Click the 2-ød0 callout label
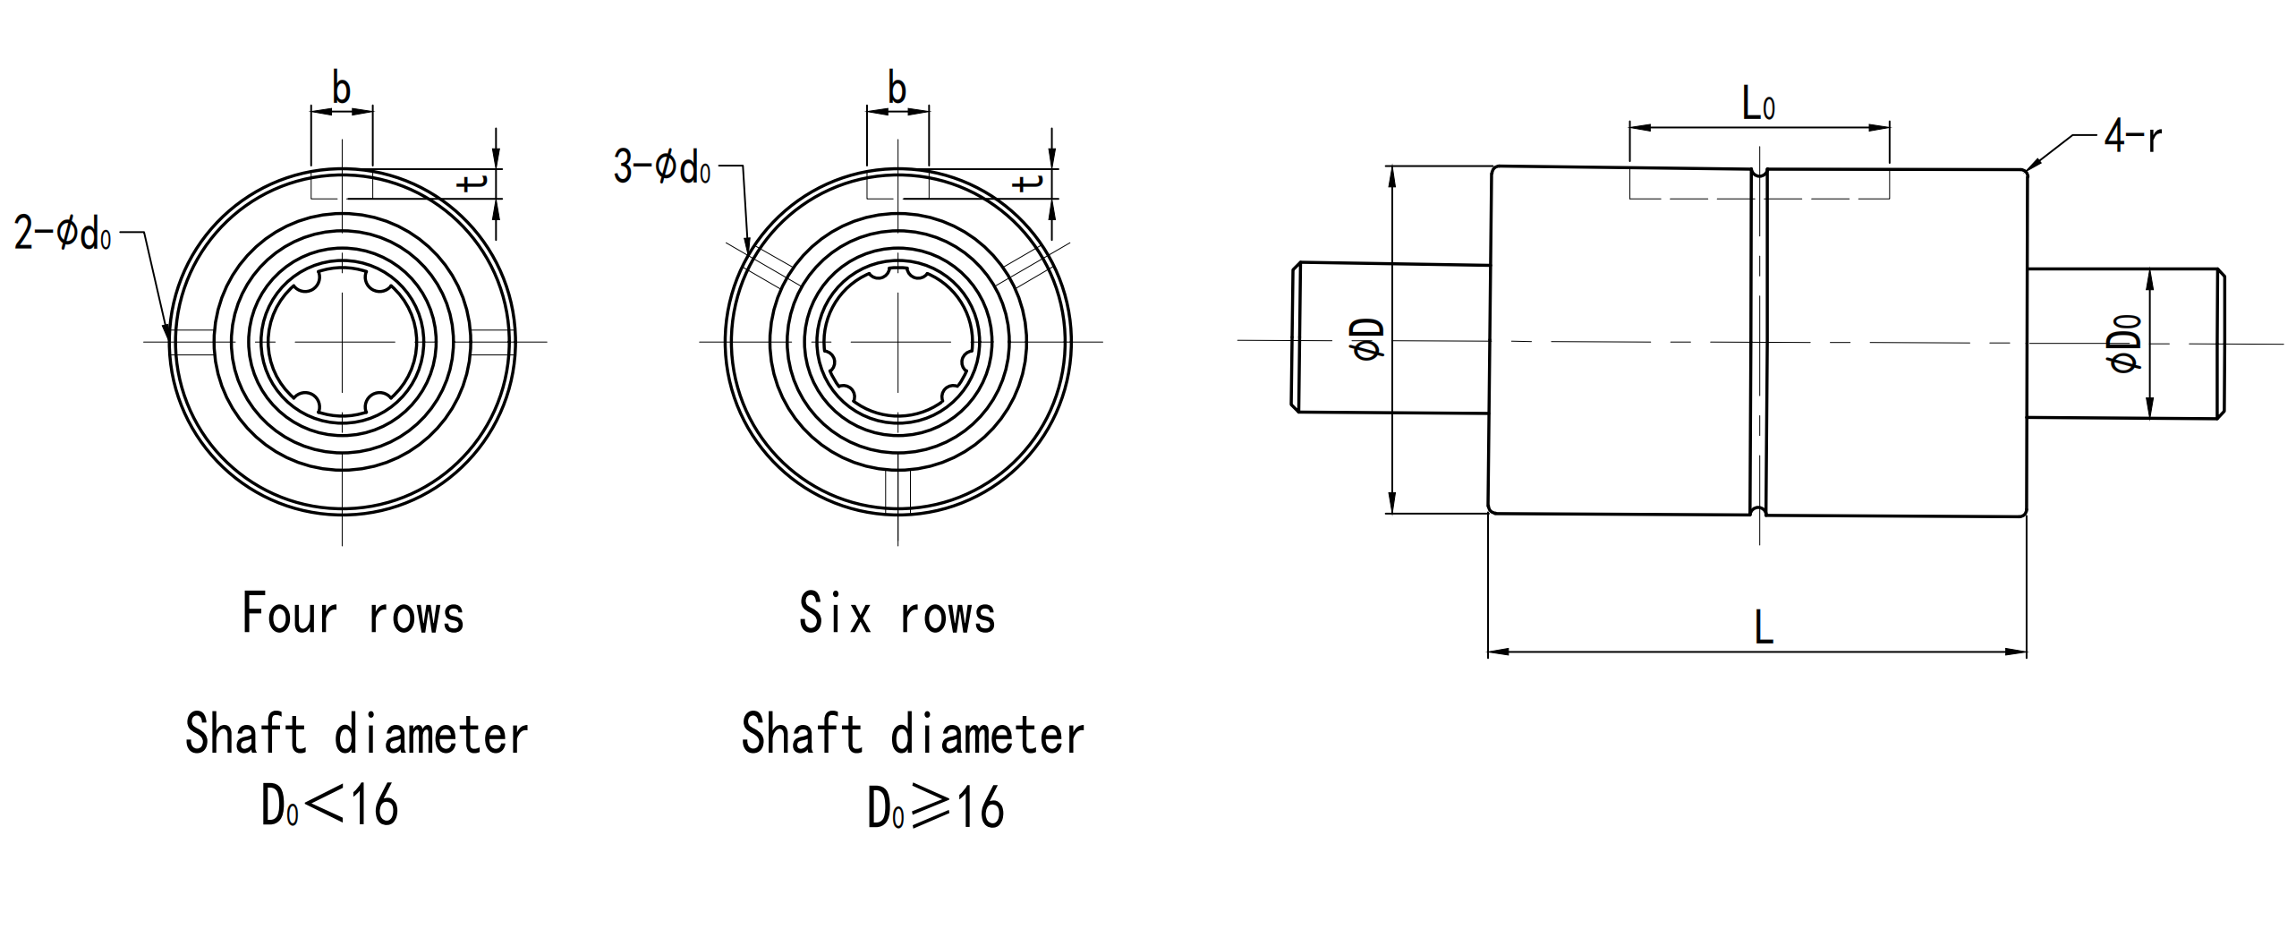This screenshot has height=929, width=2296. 63,234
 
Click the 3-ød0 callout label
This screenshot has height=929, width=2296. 661,167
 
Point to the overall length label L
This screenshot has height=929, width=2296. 1764,627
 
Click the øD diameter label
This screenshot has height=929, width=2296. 1370,340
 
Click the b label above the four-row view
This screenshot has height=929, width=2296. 341,89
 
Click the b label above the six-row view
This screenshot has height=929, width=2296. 897,89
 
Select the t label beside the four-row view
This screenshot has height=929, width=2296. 472,183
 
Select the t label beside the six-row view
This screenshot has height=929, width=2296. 1029,183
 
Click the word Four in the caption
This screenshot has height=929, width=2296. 289,614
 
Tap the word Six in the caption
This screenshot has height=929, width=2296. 834,614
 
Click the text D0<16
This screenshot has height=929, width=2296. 329,805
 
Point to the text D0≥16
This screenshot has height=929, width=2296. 935,807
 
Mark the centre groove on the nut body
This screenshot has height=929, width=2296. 1759,340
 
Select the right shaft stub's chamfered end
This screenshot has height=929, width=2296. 2220,344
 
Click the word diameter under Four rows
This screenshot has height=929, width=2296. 430,736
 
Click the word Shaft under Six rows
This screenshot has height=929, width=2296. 802,736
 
